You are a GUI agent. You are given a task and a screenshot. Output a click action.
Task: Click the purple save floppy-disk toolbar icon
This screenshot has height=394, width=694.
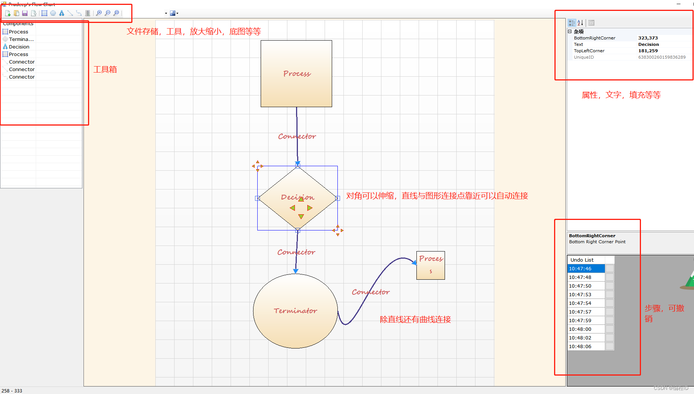click(25, 13)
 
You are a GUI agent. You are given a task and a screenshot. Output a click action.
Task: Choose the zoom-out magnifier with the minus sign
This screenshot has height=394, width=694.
click(108, 13)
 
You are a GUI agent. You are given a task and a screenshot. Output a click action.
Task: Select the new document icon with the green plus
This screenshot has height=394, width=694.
click(8, 13)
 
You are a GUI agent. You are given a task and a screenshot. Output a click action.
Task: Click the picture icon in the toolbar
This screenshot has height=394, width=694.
click(173, 13)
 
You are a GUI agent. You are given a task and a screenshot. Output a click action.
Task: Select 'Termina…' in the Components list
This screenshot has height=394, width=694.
click(21, 39)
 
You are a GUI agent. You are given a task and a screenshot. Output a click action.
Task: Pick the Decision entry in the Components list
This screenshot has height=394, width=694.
click(19, 47)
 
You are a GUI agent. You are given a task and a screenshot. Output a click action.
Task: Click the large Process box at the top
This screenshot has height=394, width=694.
click(296, 74)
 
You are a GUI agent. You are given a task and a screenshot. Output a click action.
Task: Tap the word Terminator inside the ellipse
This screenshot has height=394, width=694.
click(295, 311)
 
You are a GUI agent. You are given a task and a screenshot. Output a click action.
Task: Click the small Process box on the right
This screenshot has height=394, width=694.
click(430, 265)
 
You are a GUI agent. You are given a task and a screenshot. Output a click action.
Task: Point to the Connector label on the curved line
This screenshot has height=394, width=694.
click(371, 292)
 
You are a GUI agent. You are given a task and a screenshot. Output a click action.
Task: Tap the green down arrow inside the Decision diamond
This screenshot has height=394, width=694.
click(301, 216)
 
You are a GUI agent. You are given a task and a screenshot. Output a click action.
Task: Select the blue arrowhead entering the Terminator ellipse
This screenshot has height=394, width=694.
click(296, 271)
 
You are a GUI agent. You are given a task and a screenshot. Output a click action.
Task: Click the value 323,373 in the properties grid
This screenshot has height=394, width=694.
click(648, 38)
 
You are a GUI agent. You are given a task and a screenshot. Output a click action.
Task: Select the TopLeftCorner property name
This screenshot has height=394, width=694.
click(589, 51)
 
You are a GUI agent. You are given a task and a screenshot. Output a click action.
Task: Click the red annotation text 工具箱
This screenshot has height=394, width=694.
click(105, 70)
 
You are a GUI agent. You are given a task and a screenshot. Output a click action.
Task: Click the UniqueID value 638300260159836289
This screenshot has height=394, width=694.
click(662, 57)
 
